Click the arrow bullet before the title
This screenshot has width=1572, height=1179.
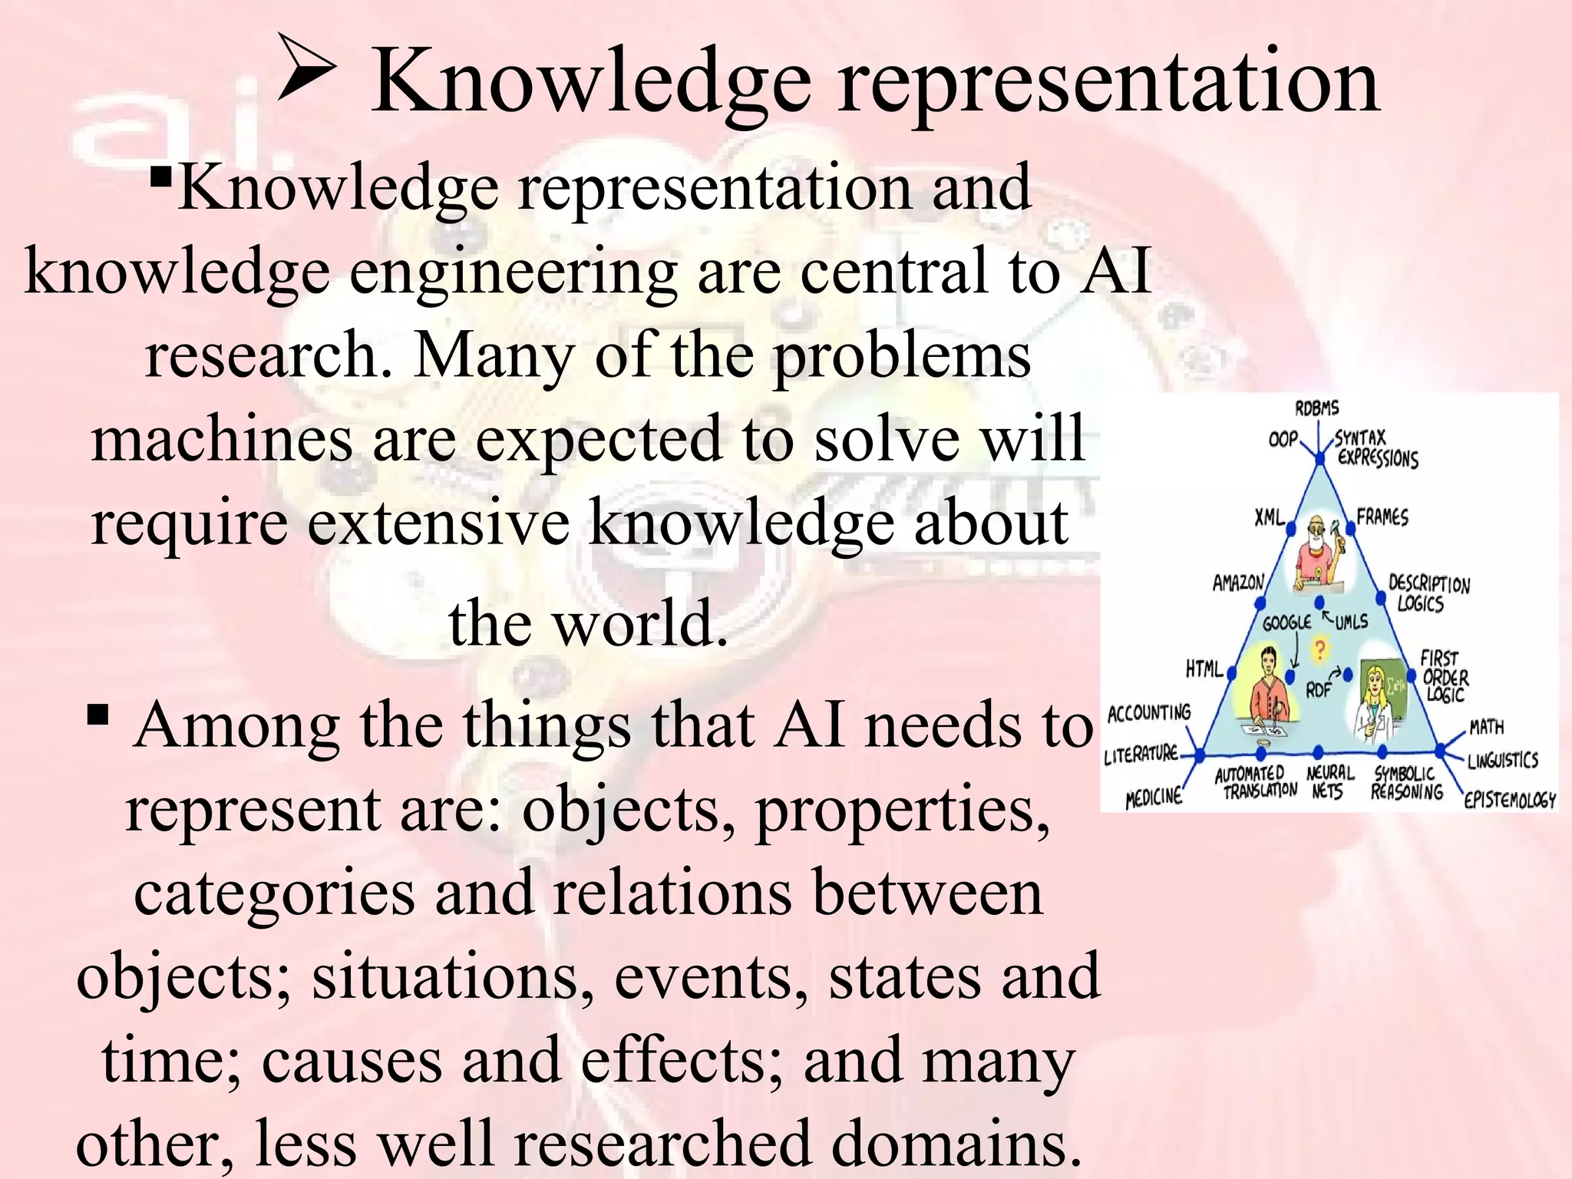click(306, 69)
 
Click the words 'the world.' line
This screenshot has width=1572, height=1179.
click(588, 623)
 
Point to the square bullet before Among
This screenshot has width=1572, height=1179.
click(97, 715)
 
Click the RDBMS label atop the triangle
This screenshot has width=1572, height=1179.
click(1316, 408)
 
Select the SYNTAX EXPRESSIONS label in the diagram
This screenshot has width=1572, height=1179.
click(1375, 449)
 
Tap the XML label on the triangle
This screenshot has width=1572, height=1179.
click(1269, 518)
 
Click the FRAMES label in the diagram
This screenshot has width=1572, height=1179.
click(1382, 517)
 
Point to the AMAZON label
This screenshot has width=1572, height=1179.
click(1237, 583)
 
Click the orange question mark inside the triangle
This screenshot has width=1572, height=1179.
click(1319, 649)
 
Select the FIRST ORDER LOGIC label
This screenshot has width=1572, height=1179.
click(1443, 676)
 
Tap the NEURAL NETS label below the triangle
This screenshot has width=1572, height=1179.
click(1329, 781)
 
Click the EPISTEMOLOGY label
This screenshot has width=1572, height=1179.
click(1509, 801)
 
